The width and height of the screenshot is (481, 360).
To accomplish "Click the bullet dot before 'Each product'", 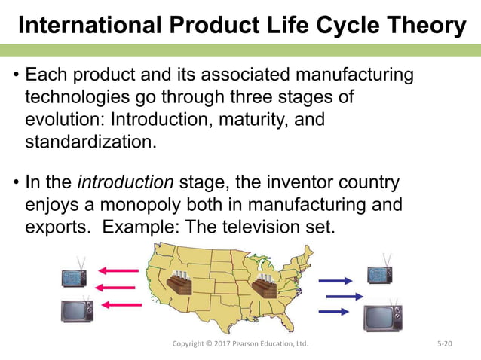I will (x=15, y=77).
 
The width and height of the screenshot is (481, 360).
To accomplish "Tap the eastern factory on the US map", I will (x=263, y=286).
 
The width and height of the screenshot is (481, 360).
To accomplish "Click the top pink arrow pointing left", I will (x=120, y=270).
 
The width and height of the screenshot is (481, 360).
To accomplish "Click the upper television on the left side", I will (x=75, y=275).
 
